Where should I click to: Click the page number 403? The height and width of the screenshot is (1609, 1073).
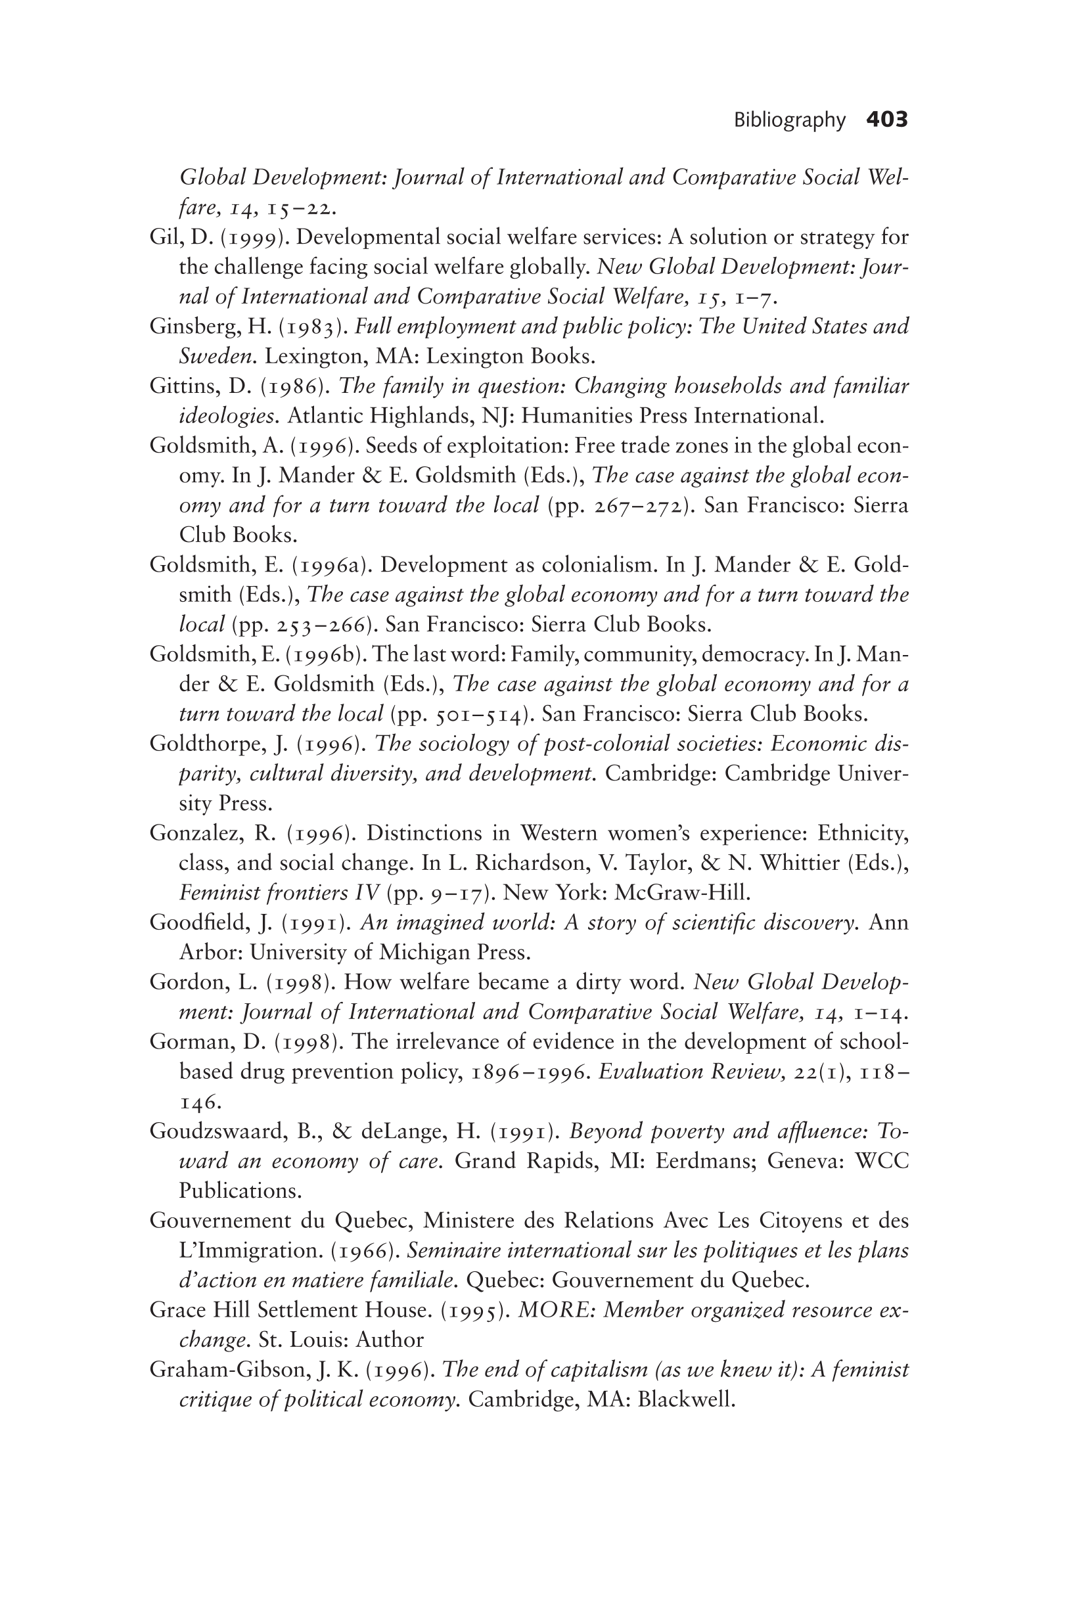pyautogui.click(x=886, y=120)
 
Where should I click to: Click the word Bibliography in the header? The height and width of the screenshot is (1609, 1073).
pyautogui.click(x=790, y=120)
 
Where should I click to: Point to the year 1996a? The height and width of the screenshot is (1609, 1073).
pyautogui.click(x=328, y=565)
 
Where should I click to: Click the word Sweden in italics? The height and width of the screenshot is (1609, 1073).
pyautogui.click(x=217, y=356)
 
